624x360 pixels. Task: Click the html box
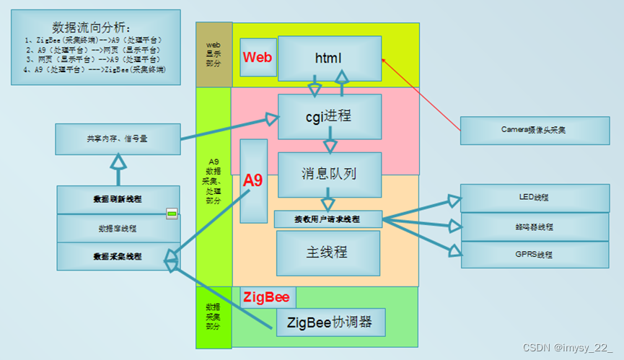coord(329,58)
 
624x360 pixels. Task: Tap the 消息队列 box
coord(329,174)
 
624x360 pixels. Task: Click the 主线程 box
coord(328,253)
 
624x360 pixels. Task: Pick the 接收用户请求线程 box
coord(328,219)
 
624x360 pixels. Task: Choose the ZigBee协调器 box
coord(330,322)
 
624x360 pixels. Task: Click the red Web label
coord(258,57)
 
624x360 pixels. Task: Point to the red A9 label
coord(253,180)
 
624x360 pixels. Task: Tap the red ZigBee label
coord(267,297)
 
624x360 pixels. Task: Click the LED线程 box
coord(534,197)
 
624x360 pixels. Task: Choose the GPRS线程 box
coord(534,255)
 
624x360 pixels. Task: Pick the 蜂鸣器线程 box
coord(534,227)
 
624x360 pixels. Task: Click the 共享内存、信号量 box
coord(118,138)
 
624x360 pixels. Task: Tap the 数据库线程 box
coord(118,228)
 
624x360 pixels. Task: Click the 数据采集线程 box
coord(118,256)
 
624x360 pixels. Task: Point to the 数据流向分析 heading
coord(96,27)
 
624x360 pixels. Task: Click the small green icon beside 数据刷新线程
coord(172,213)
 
